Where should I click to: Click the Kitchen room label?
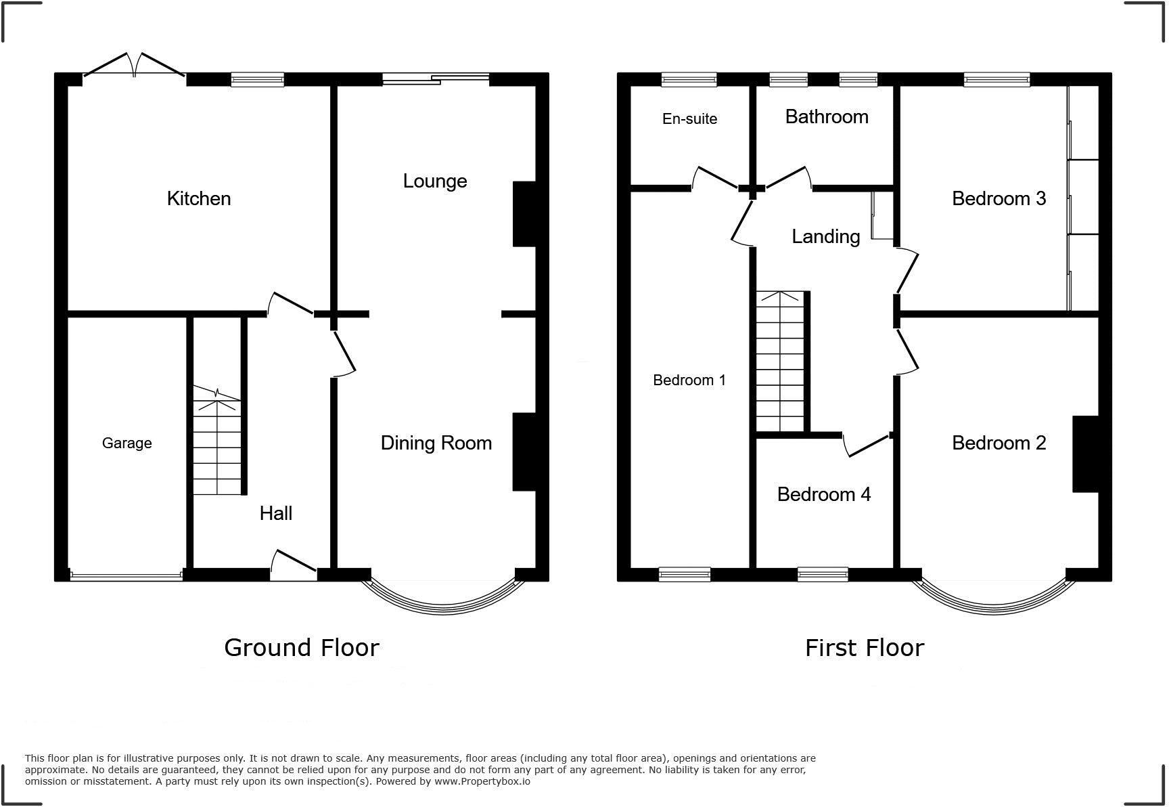[x=199, y=198]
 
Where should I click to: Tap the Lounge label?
[x=435, y=181]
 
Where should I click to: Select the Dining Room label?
[x=436, y=443]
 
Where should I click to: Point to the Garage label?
[x=127, y=443]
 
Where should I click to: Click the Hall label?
[x=276, y=513]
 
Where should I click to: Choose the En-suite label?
[x=689, y=118]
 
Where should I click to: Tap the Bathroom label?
[x=827, y=116]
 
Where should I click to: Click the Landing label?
[x=826, y=236]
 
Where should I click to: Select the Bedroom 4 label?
[x=823, y=494]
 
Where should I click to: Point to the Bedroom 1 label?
[x=689, y=380]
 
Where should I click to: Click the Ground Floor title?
[x=302, y=648]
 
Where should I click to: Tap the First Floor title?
[x=865, y=648]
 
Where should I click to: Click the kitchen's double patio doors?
[x=134, y=66]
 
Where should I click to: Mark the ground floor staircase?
[x=217, y=443]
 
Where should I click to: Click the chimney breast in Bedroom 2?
[x=1085, y=454]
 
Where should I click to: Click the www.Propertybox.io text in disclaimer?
[x=482, y=781]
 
